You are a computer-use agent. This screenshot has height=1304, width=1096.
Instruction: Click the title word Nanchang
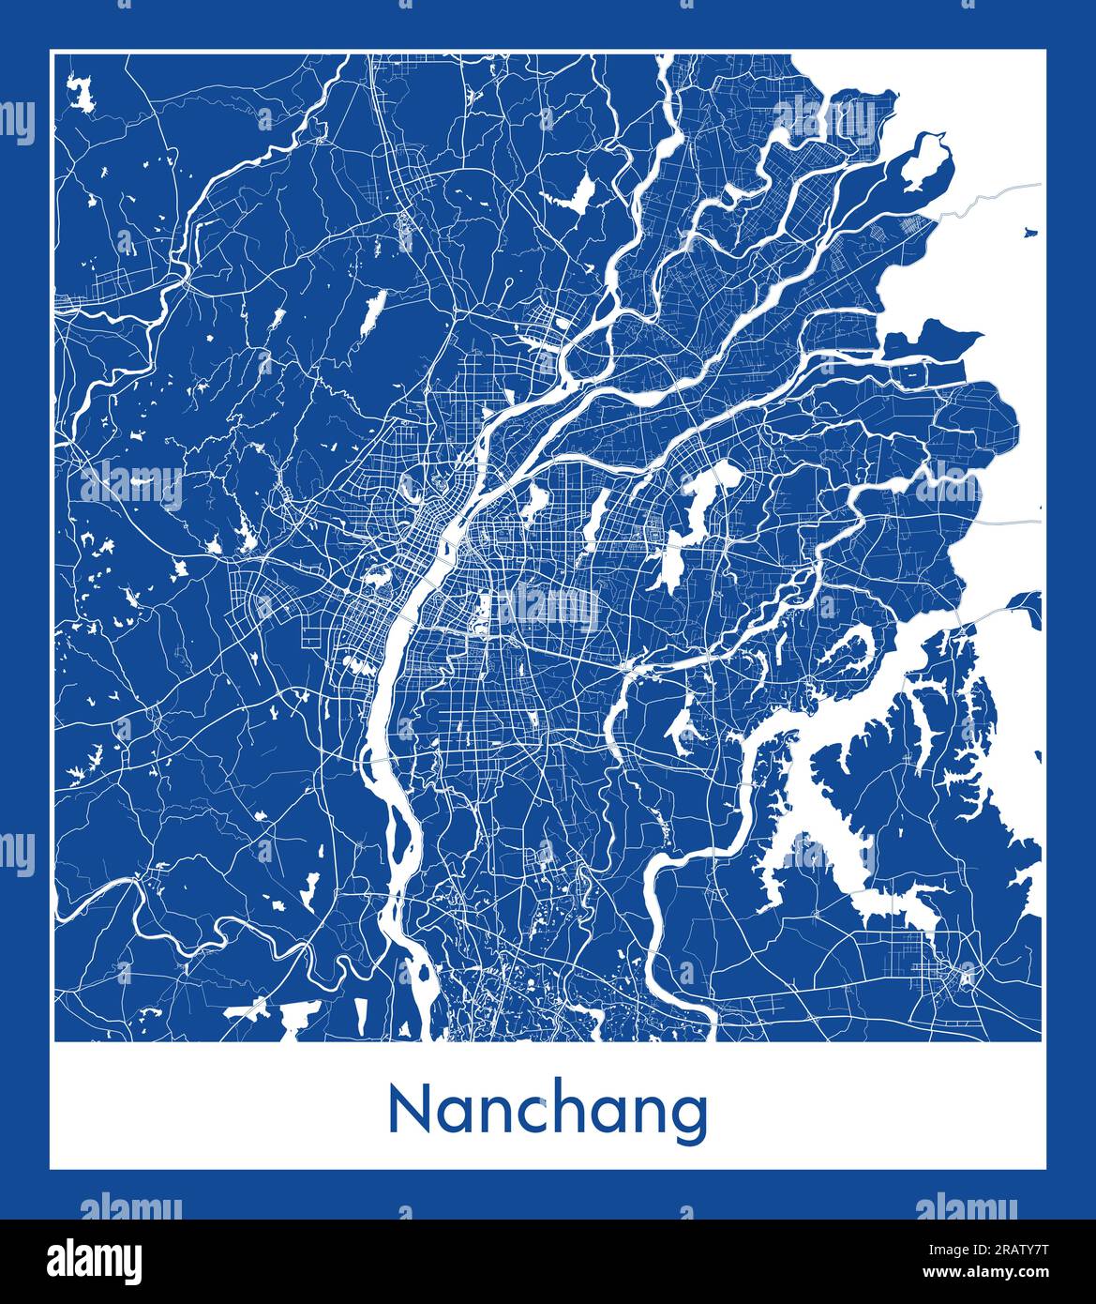click(x=548, y=1113)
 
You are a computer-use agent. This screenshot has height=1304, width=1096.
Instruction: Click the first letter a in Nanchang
click(x=449, y=1115)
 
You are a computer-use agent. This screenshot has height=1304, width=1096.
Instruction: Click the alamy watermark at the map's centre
click(x=548, y=608)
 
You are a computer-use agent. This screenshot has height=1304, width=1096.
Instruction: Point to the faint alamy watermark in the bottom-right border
click(x=966, y=1208)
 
